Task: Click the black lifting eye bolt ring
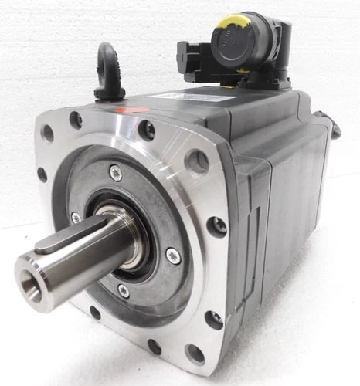(x=108, y=63)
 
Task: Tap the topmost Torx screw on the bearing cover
(x=116, y=173)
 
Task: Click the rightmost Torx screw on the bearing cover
(x=172, y=256)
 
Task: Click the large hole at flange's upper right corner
(x=197, y=163)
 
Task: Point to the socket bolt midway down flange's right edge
(x=217, y=227)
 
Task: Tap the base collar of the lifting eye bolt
(x=109, y=92)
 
